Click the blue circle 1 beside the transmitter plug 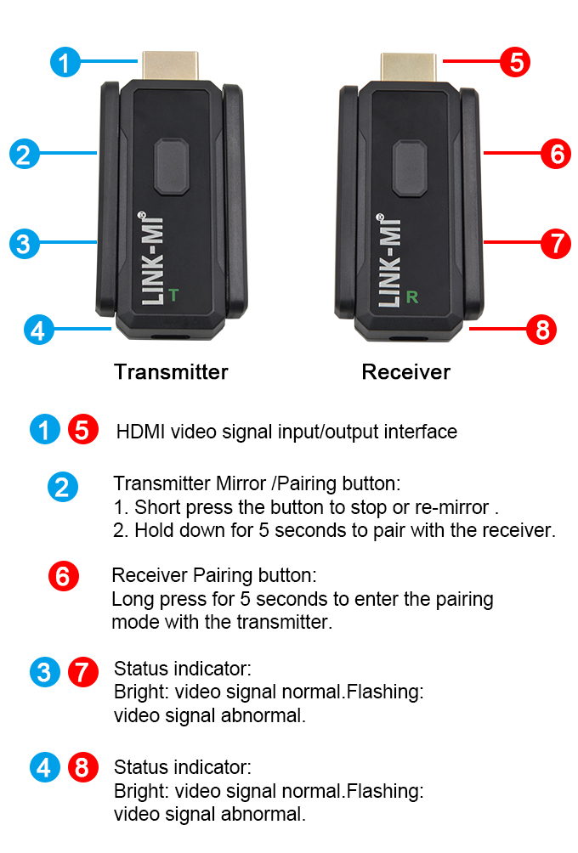65,62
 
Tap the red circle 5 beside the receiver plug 515,62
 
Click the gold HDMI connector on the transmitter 170,65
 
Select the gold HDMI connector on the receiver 408,67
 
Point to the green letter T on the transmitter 173,295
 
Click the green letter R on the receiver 412,297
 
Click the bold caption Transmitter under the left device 171,372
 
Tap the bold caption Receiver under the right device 406,372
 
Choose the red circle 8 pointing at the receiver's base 541,330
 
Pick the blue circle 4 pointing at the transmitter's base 38,330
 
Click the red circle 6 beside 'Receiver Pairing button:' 64,576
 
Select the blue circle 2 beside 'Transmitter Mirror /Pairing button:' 63,486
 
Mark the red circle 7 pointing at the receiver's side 556,244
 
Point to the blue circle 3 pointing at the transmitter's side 25,244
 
